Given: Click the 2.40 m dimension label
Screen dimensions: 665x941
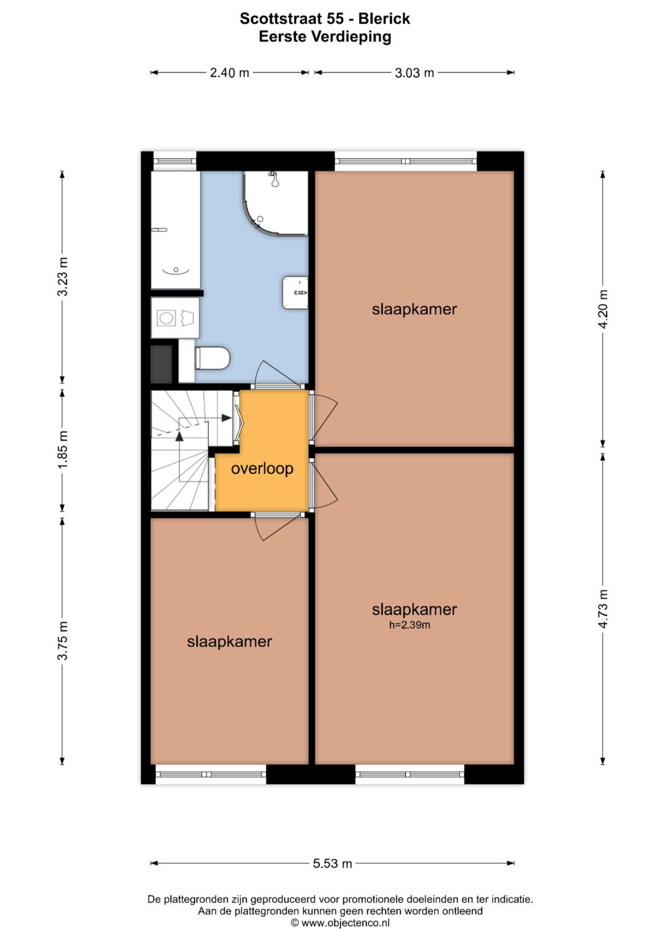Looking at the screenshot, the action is tap(229, 73).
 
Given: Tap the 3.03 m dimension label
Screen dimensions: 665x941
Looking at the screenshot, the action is tap(414, 73).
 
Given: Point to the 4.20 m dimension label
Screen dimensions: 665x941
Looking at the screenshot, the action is tap(603, 309).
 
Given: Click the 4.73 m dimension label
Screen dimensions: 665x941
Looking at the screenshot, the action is tap(603, 609).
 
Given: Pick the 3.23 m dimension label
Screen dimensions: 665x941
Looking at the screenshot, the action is tap(63, 277).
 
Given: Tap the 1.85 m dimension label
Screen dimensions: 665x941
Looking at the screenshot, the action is tap(63, 450).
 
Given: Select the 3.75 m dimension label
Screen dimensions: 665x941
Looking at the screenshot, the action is tap(63, 641).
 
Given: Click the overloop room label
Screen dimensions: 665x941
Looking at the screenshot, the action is tap(262, 469).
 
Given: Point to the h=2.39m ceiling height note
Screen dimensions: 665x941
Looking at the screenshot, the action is tap(409, 625).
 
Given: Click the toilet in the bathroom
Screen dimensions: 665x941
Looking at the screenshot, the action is tap(212, 358).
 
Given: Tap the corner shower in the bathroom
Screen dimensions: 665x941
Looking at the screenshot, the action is tap(275, 203).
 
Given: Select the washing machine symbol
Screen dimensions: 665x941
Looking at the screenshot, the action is tap(175, 318).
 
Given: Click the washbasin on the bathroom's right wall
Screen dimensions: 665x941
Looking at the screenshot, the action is tap(295, 292).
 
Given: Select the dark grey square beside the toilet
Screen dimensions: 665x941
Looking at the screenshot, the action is tap(161, 364).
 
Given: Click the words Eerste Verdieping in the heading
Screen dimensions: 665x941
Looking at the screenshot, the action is tap(325, 37).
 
